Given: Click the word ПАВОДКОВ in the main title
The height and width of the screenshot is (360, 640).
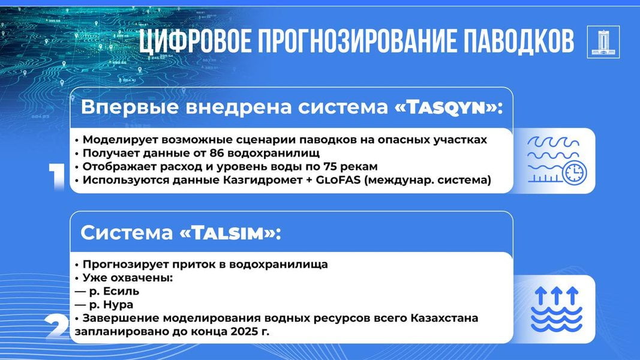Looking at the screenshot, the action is click(518, 41).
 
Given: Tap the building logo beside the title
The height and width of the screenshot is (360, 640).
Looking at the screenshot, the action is click(603, 42).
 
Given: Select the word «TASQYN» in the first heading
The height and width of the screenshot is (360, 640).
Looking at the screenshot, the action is click(446, 108).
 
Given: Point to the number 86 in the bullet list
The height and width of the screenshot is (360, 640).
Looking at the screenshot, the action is click(217, 153).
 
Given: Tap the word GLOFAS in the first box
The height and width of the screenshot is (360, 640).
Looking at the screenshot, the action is click(338, 180).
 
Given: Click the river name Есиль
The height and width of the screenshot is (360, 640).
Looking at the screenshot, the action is click(121, 292).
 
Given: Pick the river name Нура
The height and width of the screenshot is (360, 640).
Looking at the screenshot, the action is click(118, 305).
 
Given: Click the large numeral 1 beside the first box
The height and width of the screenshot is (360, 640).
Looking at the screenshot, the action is click(56, 177).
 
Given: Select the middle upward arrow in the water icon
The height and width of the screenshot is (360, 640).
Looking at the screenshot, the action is click(557, 295).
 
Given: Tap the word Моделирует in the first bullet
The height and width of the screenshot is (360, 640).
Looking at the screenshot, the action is click(121, 140).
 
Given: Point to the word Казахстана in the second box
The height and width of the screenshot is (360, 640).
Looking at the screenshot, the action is click(444, 318).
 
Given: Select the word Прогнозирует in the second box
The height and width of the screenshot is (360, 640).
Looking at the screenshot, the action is click(126, 265).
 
